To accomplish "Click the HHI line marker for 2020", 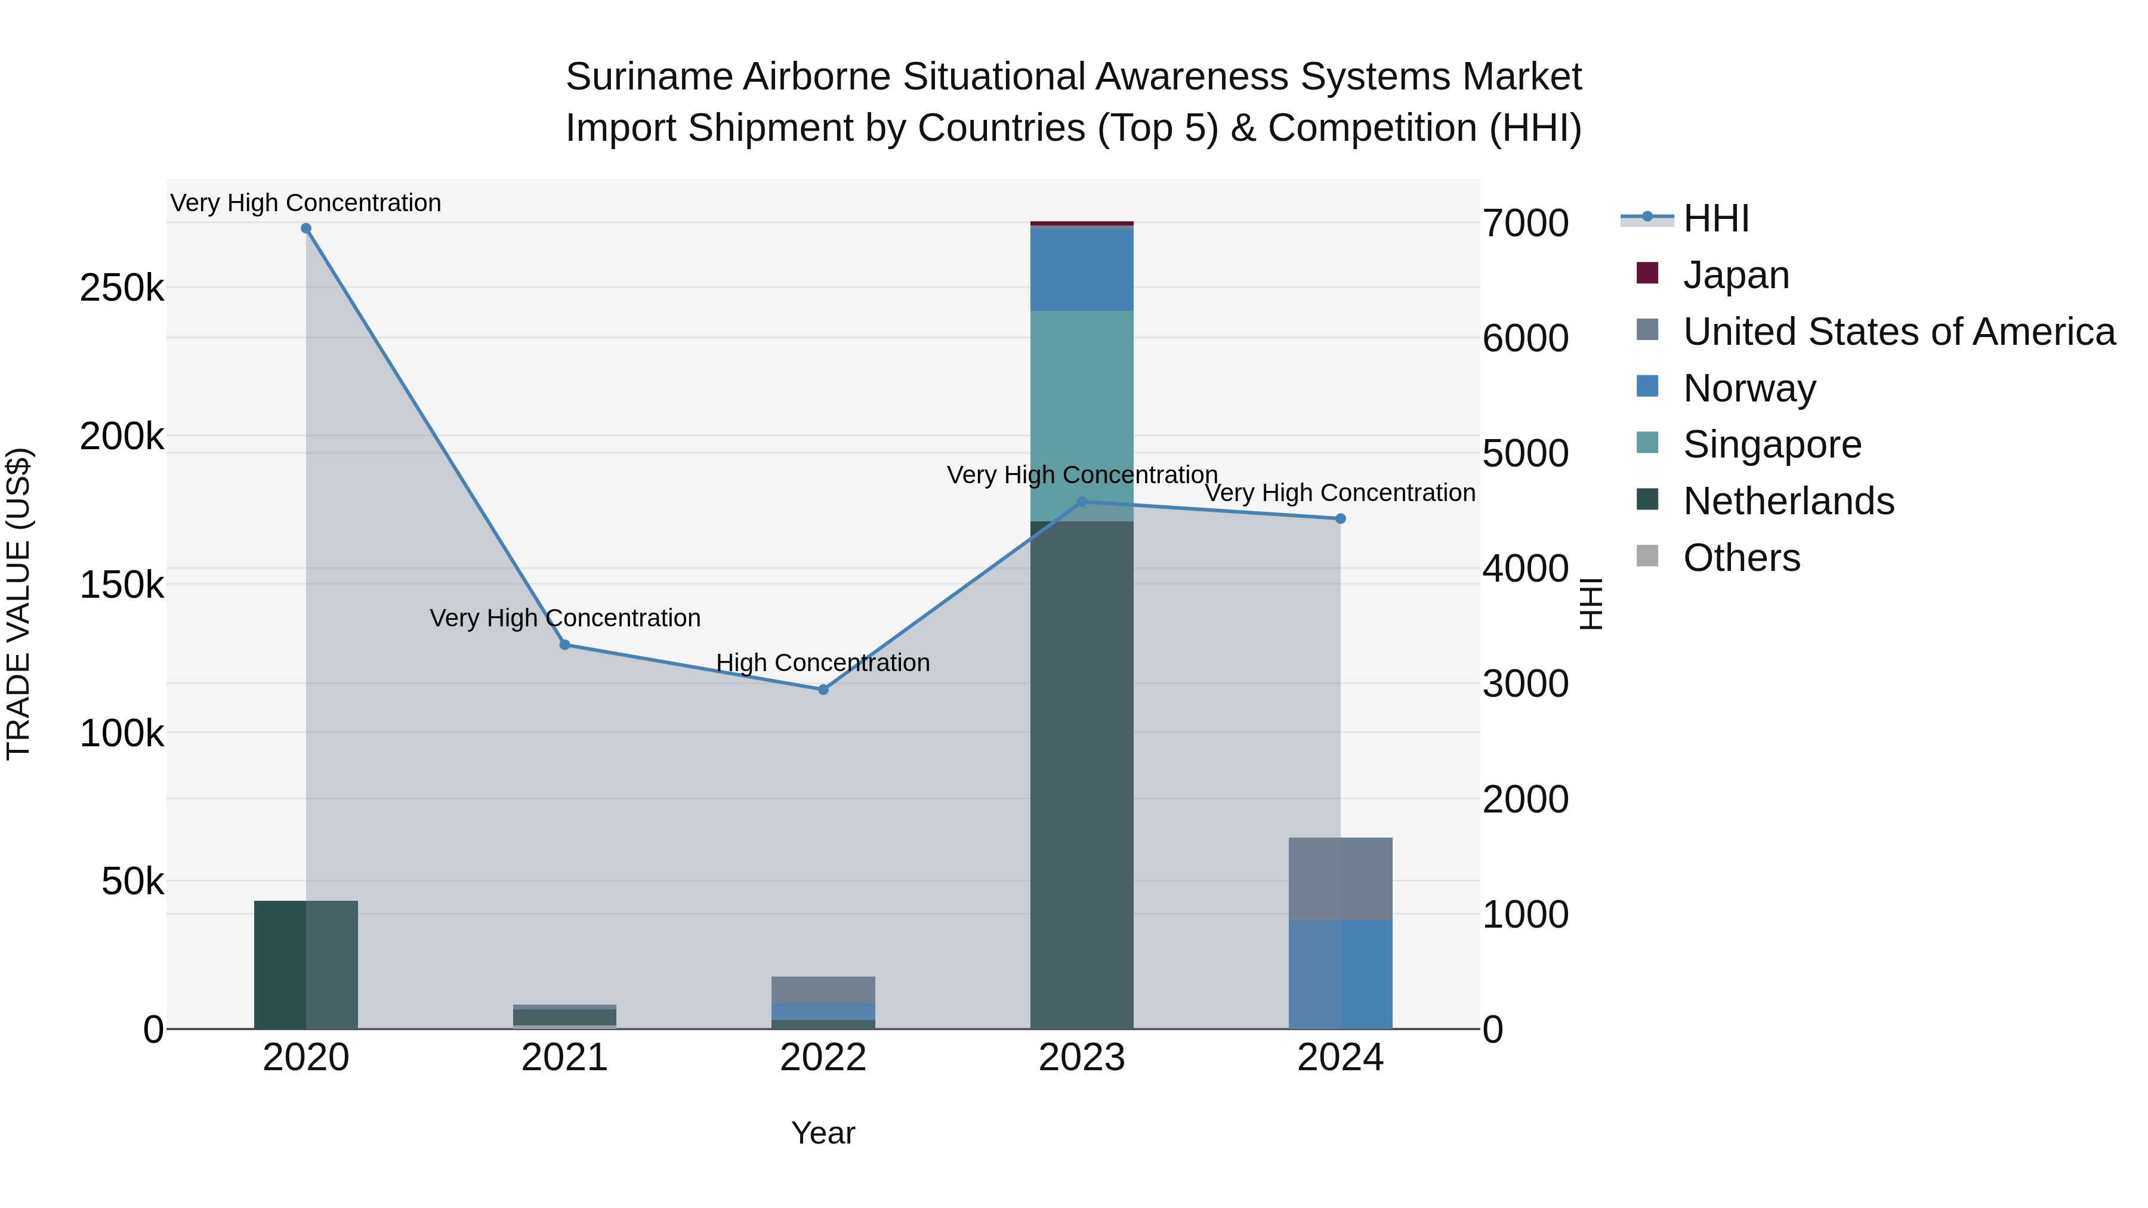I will [306, 228].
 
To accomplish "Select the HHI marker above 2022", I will [823, 690].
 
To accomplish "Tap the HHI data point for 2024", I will [1340, 518].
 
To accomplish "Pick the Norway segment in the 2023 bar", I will [1082, 268].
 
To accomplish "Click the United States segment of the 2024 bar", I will [1340, 879].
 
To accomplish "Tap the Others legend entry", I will [1741, 558].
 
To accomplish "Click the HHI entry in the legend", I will [1715, 218].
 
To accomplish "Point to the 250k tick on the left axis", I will [122, 289].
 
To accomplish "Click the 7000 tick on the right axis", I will [1525, 224].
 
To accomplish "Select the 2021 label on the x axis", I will [564, 1058].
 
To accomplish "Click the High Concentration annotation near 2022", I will [822, 663].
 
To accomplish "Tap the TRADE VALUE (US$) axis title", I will [18, 604].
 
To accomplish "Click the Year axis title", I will [822, 1133].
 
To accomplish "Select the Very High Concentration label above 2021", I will [564, 618].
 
